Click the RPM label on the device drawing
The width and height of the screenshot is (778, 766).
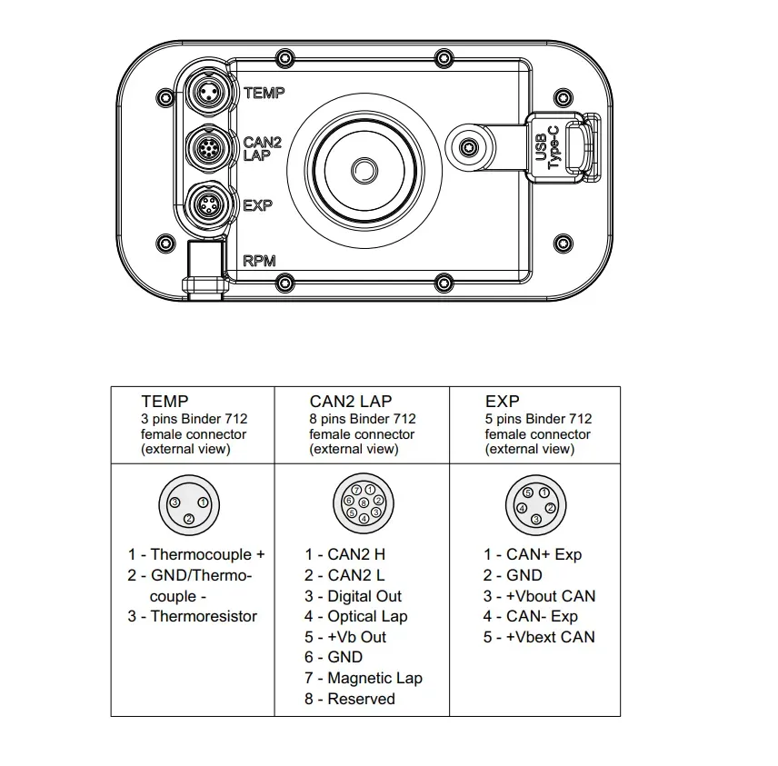[259, 261]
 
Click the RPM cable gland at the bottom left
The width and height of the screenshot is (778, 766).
[203, 269]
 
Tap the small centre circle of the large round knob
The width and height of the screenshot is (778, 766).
[364, 170]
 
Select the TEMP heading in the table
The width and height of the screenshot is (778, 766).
[165, 401]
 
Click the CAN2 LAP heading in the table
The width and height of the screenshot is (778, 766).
[351, 401]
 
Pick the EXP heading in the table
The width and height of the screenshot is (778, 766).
[502, 401]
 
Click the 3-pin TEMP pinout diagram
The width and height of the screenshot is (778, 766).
[188, 504]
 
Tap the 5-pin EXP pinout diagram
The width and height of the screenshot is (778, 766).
[536, 504]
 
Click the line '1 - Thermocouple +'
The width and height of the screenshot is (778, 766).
[196, 554]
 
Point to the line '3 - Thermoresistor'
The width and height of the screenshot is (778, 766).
[192, 616]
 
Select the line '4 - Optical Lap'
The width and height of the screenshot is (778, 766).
[355, 616]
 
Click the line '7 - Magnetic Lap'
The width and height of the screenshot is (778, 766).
[363, 678]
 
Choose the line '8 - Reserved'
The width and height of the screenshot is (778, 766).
[349, 699]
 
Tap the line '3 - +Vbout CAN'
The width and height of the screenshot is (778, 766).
[539, 596]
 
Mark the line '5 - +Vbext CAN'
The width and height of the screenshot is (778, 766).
[539, 637]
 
